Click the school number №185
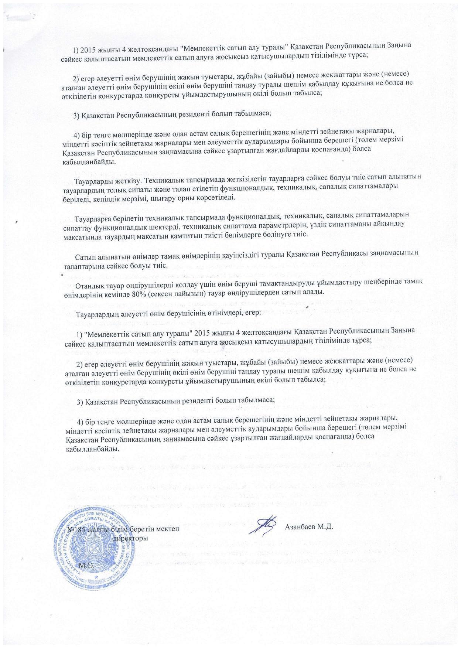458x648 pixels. (77, 529)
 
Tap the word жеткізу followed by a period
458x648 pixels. (118, 181)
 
